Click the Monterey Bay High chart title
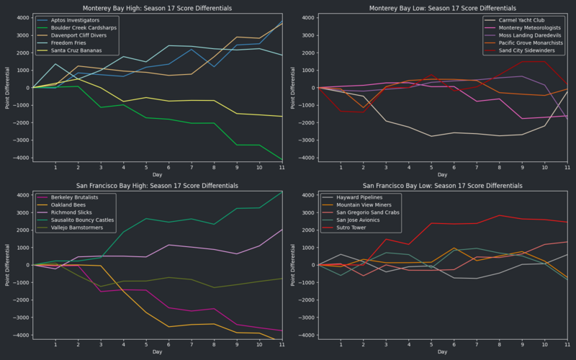pyautogui.click(x=157, y=8)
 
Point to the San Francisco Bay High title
pyautogui.click(x=157, y=185)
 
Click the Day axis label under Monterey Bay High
pyautogui.click(x=157, y=174)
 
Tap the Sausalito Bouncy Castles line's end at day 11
pyautogui.click(x=282, y=192)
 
